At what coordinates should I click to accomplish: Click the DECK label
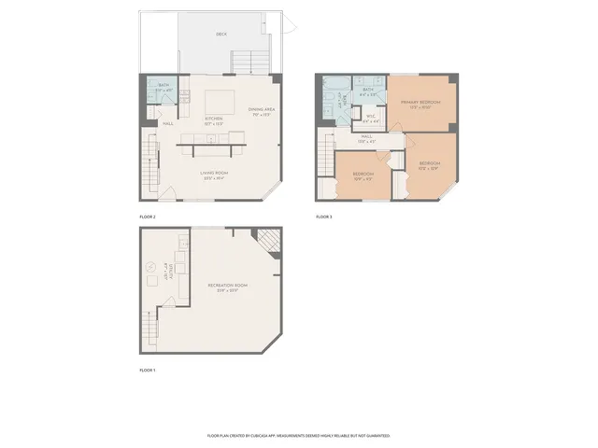pyautogui.click(x=221, y=35)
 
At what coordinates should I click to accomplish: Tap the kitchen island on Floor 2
pyautogui.click(x=221, y=100)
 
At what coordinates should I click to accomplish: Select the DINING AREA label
pyautogui.click(x=261, y=111)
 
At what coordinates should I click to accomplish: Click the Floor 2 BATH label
pyautogui.click(x=164, y=86)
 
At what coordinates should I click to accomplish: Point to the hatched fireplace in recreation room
pyautogui.click(x=268, y=242)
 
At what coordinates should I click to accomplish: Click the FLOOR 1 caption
pyautogui.click(x=148, y=371)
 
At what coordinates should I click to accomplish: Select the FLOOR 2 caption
pyautogui.click(x=148, y=217)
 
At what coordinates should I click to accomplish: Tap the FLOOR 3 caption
pyautogui.click(x=323, y=217)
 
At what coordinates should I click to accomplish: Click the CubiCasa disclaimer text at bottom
pyautogui.click(x=298, y=436)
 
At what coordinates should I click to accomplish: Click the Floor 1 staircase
pyautogui.click(x=149, y=328)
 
